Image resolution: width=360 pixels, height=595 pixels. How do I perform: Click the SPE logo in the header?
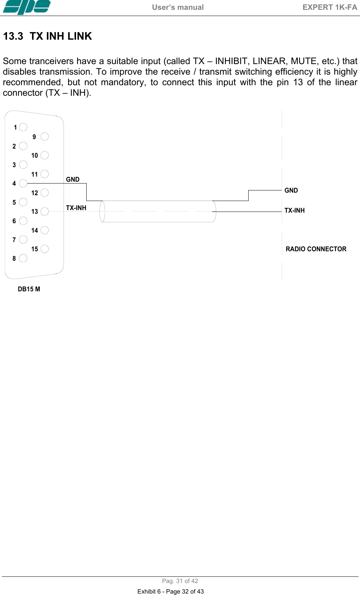27,7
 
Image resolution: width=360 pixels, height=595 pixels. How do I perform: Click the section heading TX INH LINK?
47,36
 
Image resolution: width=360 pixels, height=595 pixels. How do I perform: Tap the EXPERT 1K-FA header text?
329,7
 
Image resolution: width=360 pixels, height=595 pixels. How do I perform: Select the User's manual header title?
178,7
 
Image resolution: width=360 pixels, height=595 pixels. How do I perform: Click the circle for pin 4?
23,183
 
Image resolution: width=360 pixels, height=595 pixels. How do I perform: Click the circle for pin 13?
45,211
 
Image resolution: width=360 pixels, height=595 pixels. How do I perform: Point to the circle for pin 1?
23,127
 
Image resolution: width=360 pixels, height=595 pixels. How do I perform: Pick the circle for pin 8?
23,258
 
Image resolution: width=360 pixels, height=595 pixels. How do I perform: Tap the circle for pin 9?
45,137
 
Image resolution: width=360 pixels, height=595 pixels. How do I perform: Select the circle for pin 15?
45,249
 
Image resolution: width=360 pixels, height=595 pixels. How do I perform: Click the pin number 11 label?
35,174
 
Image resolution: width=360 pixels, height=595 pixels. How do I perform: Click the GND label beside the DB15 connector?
73,179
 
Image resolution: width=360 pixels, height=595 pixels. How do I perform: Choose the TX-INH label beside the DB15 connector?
76,208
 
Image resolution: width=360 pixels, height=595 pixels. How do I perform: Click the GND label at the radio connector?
291,190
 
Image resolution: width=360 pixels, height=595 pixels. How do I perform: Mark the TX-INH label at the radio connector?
294,210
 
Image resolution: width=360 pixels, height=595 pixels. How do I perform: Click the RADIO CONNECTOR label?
316,249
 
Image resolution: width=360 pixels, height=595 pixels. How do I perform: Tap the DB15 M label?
29,289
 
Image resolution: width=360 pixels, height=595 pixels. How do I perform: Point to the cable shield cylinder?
158,211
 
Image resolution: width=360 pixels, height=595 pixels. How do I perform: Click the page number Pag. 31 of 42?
180,581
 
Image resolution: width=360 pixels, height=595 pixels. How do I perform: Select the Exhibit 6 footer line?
170,591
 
